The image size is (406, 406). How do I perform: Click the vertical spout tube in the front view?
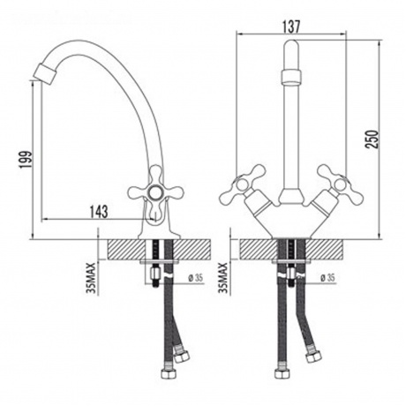tap(291, 132)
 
